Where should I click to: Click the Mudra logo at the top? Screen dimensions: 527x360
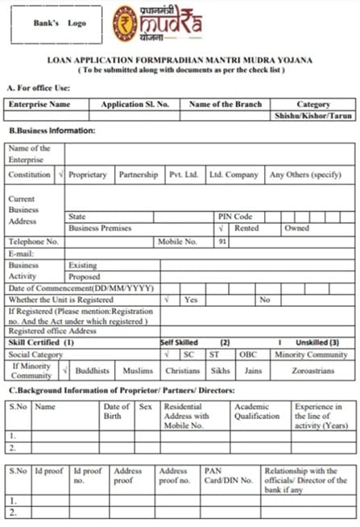[x=157, y=23]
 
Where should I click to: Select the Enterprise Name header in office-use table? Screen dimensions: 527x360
[x=38, y=104]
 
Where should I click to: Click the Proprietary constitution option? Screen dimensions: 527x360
[x=88, y=175]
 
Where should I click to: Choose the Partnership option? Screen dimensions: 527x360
[x=139, y=175]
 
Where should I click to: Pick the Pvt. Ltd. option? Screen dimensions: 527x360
[x=183, y=175]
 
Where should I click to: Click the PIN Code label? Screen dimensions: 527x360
[x=235, y=217]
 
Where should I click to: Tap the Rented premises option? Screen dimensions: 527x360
[x=246, y=228]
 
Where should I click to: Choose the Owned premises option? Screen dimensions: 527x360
[x=296, y=228]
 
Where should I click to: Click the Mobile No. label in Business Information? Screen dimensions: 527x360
[x=177, y=241]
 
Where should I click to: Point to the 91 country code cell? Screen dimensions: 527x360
[x=222, y=241]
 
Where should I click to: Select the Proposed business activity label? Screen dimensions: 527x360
[x=85, y=276]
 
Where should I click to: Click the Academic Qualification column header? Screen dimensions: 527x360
[x=257, y=412]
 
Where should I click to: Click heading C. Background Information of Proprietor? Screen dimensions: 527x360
[x=121, y=391]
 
